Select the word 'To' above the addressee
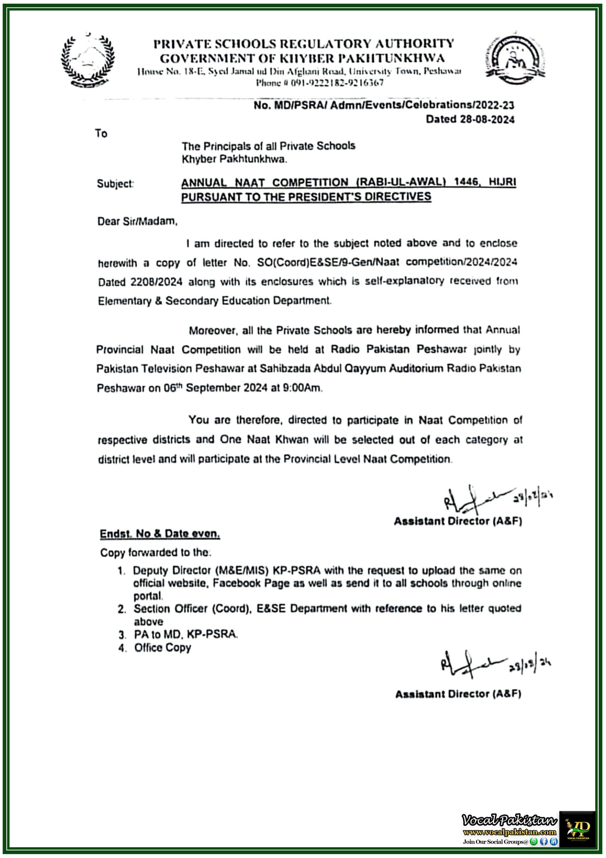click(101, 133)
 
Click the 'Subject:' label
click(115, 184)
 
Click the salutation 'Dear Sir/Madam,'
click(137, 222)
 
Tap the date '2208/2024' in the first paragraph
click(156, 282)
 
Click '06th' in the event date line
click(173, 387)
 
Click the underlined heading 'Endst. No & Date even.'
click(160, 534)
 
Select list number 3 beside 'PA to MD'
click(122, 634)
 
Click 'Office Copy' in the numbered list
click(162, 648)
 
